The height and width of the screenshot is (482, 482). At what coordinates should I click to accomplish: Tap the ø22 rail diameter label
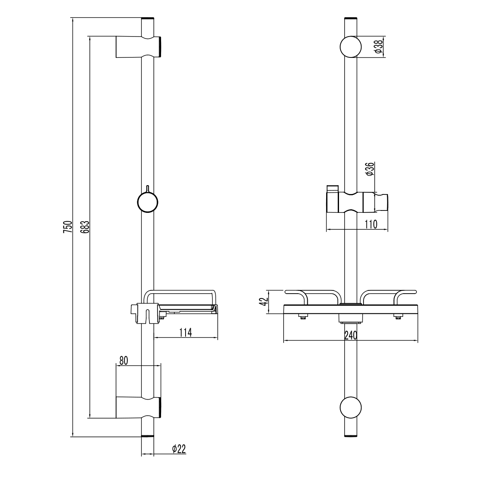[x=178, y=449]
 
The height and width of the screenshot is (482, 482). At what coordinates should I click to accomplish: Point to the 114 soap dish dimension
[x=185, y=332]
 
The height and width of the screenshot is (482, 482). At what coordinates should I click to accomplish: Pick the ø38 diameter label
[x=378, y=47]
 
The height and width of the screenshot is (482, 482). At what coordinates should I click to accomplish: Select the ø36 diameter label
[x=370, y=169]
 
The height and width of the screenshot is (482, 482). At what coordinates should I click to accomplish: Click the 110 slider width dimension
[x=371, y=225]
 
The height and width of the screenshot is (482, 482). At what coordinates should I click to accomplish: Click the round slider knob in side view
[x=147, y=202]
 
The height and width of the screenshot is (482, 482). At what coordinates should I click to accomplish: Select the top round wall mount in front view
[x=351, y=47]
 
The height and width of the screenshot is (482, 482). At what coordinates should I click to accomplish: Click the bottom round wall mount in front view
[x=351, y=408]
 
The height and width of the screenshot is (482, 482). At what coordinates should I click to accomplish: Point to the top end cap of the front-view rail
[x=351, y=19]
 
